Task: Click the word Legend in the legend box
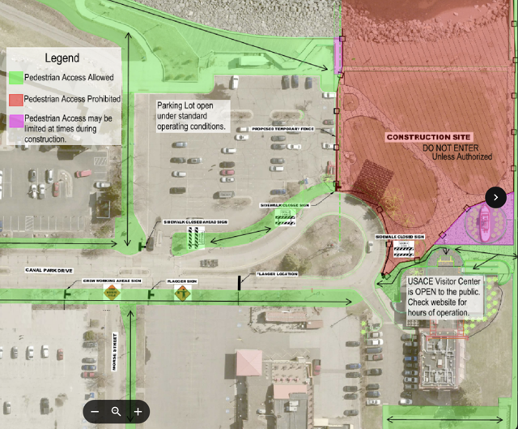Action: pyautogui.click(x=62, y=58)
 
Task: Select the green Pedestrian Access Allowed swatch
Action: pyautogui.click(x=15, y=78)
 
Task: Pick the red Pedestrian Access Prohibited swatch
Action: pyautogui.click(x=15, y=99)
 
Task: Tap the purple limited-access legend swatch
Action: pyautogui.click(x=15, y=119)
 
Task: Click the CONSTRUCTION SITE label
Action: pyautogui.click(x=428, y=137)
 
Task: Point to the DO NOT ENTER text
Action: pyautogui.click(x=456, y=148)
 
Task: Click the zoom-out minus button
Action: pyautogui.click(x=95, y=412)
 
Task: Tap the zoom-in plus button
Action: pyautogui.click(x=138, y=412)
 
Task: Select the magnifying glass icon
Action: pyautogui.click(x=117, y=412)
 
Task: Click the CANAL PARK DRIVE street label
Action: pyautogui.click(x=49, y=270)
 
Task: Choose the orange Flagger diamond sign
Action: pyautogui.click(x=183, y=293)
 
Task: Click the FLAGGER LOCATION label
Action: pyautogui.click(x=277, y=274)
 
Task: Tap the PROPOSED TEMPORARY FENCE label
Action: pyautogui.click(x=282, y=130)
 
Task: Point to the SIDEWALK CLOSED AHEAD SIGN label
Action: pyautogui.click(x=195, y=221)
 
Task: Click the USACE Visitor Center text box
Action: pyautogui.click(x=444, y=297)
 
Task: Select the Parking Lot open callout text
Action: pyautogui.click(x=192, y=116)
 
